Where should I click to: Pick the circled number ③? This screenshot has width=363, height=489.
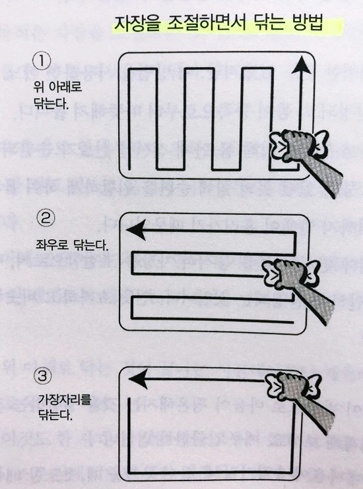pyautogui.click(x=44, y=377)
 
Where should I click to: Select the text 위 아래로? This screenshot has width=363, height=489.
pyautogui.click(x=56, y=86)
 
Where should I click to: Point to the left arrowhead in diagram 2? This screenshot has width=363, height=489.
pyautogui.click(x=136, y=230)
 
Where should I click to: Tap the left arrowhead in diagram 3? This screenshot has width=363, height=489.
pyautogui.click(x=136, y=379)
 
